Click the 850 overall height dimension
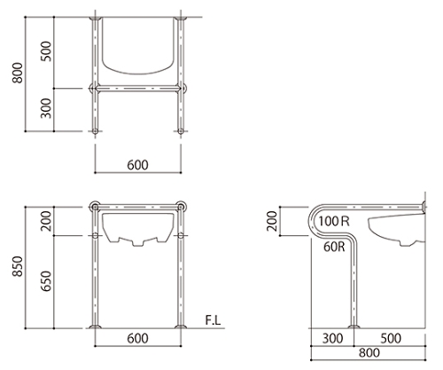coord(18,266)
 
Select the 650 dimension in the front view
coord(46,281)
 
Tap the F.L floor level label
coord(213,320)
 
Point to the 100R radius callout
coord(334,221)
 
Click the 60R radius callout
coord(334,247)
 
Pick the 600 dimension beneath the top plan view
coord(137,165)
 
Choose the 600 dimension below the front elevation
coord(137,338)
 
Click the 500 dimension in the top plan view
coord(46,51)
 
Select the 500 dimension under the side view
coord(391,338)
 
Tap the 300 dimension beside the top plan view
coord(46,108)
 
